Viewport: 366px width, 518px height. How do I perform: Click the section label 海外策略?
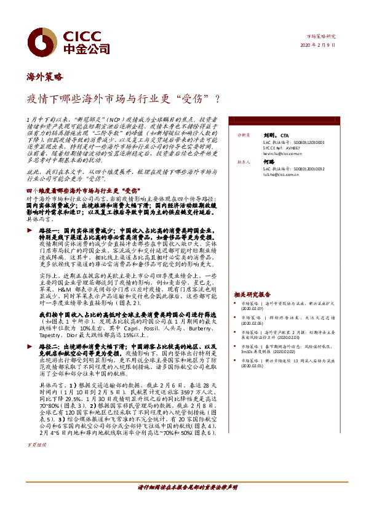tap(45, 77)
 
